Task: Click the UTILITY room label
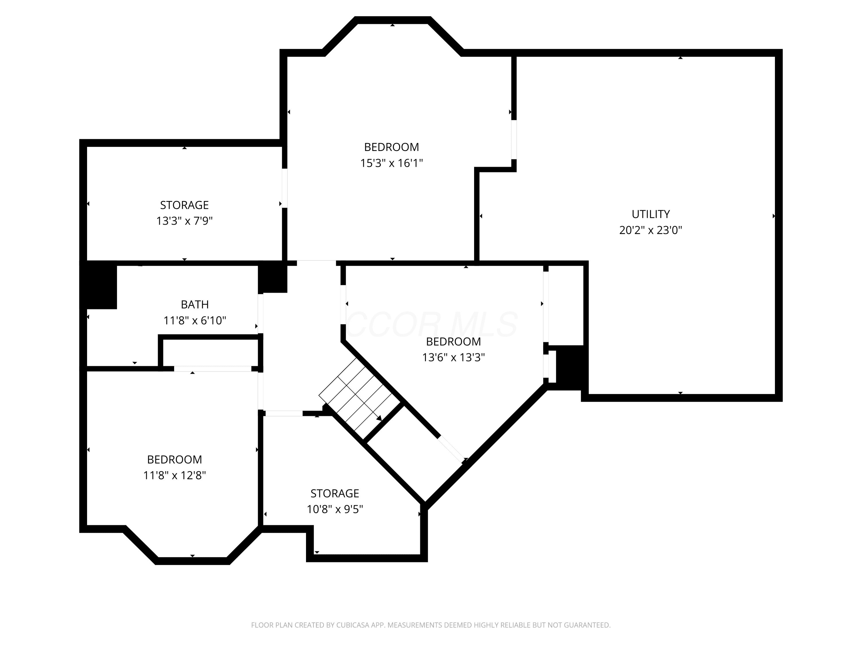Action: [651, 214]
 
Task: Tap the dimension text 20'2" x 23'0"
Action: [651, 230]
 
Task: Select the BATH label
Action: [195, 305]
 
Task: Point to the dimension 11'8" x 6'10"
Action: [195, 321]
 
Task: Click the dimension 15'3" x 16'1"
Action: [391, 163]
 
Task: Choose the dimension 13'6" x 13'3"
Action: [453, 357]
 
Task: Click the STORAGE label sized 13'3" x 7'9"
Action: [184, 205]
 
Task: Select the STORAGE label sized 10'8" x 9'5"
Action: [334, 493]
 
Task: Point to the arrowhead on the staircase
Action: [379, 418]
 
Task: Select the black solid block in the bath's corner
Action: [98, 285]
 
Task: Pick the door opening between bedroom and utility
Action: [514, 140]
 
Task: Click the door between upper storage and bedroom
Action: [284, 188]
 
